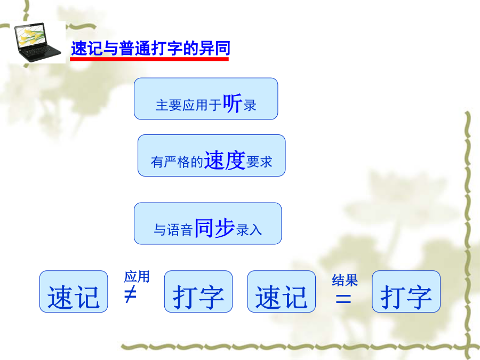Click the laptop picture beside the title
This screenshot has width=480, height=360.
pyautogui.click(x=38, y=42)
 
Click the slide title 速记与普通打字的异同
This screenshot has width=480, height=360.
pyautogui.click(x=150, y=49)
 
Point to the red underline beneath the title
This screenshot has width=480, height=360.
pyautogui.click(x=149, y=59)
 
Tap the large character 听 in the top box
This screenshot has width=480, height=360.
pyautogui.click(x=233, y=103)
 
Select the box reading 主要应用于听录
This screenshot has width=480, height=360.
pyautogui.click(x=206, y=99)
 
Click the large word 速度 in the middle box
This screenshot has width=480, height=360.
pyautogui.click(x=225, y=160)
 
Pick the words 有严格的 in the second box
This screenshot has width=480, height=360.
pyautogui.click(x=177, y=162)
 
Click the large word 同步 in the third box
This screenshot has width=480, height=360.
pyautogui.click(x=214, y=228)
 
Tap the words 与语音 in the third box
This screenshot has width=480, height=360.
pyautogui.click(x=173, y=230)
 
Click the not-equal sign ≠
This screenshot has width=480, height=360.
pyautogui.click(x=131, y=294)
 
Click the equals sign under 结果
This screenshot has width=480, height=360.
pyautogui.click(x=343, y=298)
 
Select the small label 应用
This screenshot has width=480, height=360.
pyautogui.click(x=137, y=277)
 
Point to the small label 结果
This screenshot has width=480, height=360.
pyautogui.click(x=345, y=281)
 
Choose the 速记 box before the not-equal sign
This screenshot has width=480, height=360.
pyautogui.click(x=74, y=291)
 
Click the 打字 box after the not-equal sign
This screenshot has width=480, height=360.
pyautogui.click(x=198, y=291)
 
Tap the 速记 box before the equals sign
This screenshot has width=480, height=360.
pyautogui.click(x=281, y=291)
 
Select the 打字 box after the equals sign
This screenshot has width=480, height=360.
pyautogui.click(x=406, y=291)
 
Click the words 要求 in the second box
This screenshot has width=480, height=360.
pyautogui.click(x=259, y=162)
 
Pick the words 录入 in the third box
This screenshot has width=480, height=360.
pyautogui.click(x=249, y=230)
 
